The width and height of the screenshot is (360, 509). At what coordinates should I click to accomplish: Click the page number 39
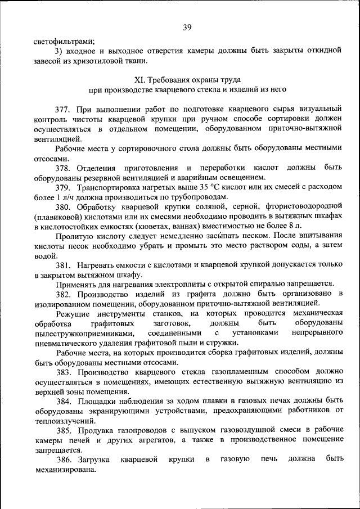point(187,27)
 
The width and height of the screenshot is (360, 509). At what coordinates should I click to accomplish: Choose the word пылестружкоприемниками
point(84,334)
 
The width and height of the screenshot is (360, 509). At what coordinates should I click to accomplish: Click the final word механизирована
point(64,470)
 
